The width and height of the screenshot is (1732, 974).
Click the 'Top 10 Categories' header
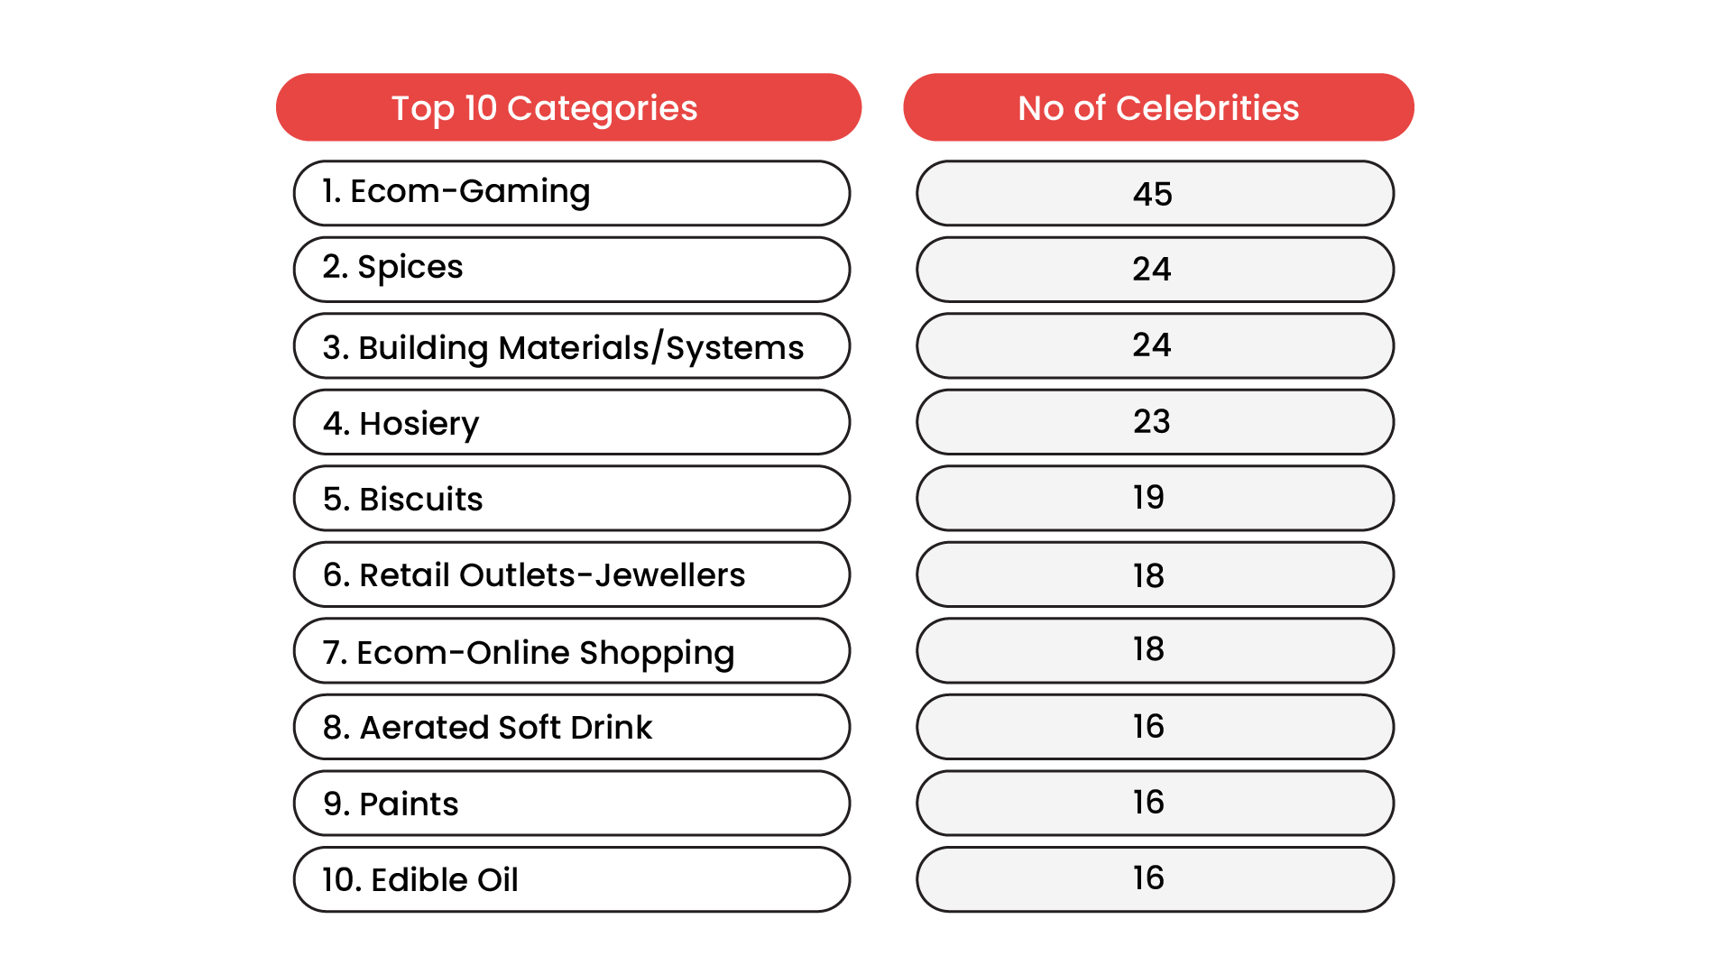(x=544, y=108)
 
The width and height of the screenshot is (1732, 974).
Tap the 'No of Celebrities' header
(x=1158, y=108)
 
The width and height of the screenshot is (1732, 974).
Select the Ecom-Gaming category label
(x=456, y=192)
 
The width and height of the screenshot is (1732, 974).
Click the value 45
(x=1153, y=194)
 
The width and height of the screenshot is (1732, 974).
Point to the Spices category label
(x=393, y=268)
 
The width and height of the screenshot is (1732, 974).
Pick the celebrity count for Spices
(x=1152, y=270)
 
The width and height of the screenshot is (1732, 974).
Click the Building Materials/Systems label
(x=563, y=347)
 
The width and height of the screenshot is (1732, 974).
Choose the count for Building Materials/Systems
(x=1152, y=345)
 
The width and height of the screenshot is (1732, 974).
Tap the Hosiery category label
(x=401, y=423)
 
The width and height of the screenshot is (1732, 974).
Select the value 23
(x=1152, y=422)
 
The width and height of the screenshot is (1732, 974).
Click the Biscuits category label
(x=403, y=499)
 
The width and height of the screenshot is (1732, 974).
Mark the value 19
(x=1149, y=498)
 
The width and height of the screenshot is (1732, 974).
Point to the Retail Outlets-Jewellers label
(x=534, y=575)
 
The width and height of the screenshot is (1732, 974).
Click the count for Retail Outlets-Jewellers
(x=1149, y=575)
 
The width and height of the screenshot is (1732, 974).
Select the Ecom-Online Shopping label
(x=529, y=652)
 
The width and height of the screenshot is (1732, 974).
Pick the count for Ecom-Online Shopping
(x=1149, y=649)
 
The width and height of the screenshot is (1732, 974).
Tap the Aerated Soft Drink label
(x=487, y=728)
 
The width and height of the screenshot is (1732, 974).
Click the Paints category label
(x=392, y=804)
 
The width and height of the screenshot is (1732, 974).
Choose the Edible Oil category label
(x=420, y=880)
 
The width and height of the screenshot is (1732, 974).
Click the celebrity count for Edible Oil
(x=1149, y=878)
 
